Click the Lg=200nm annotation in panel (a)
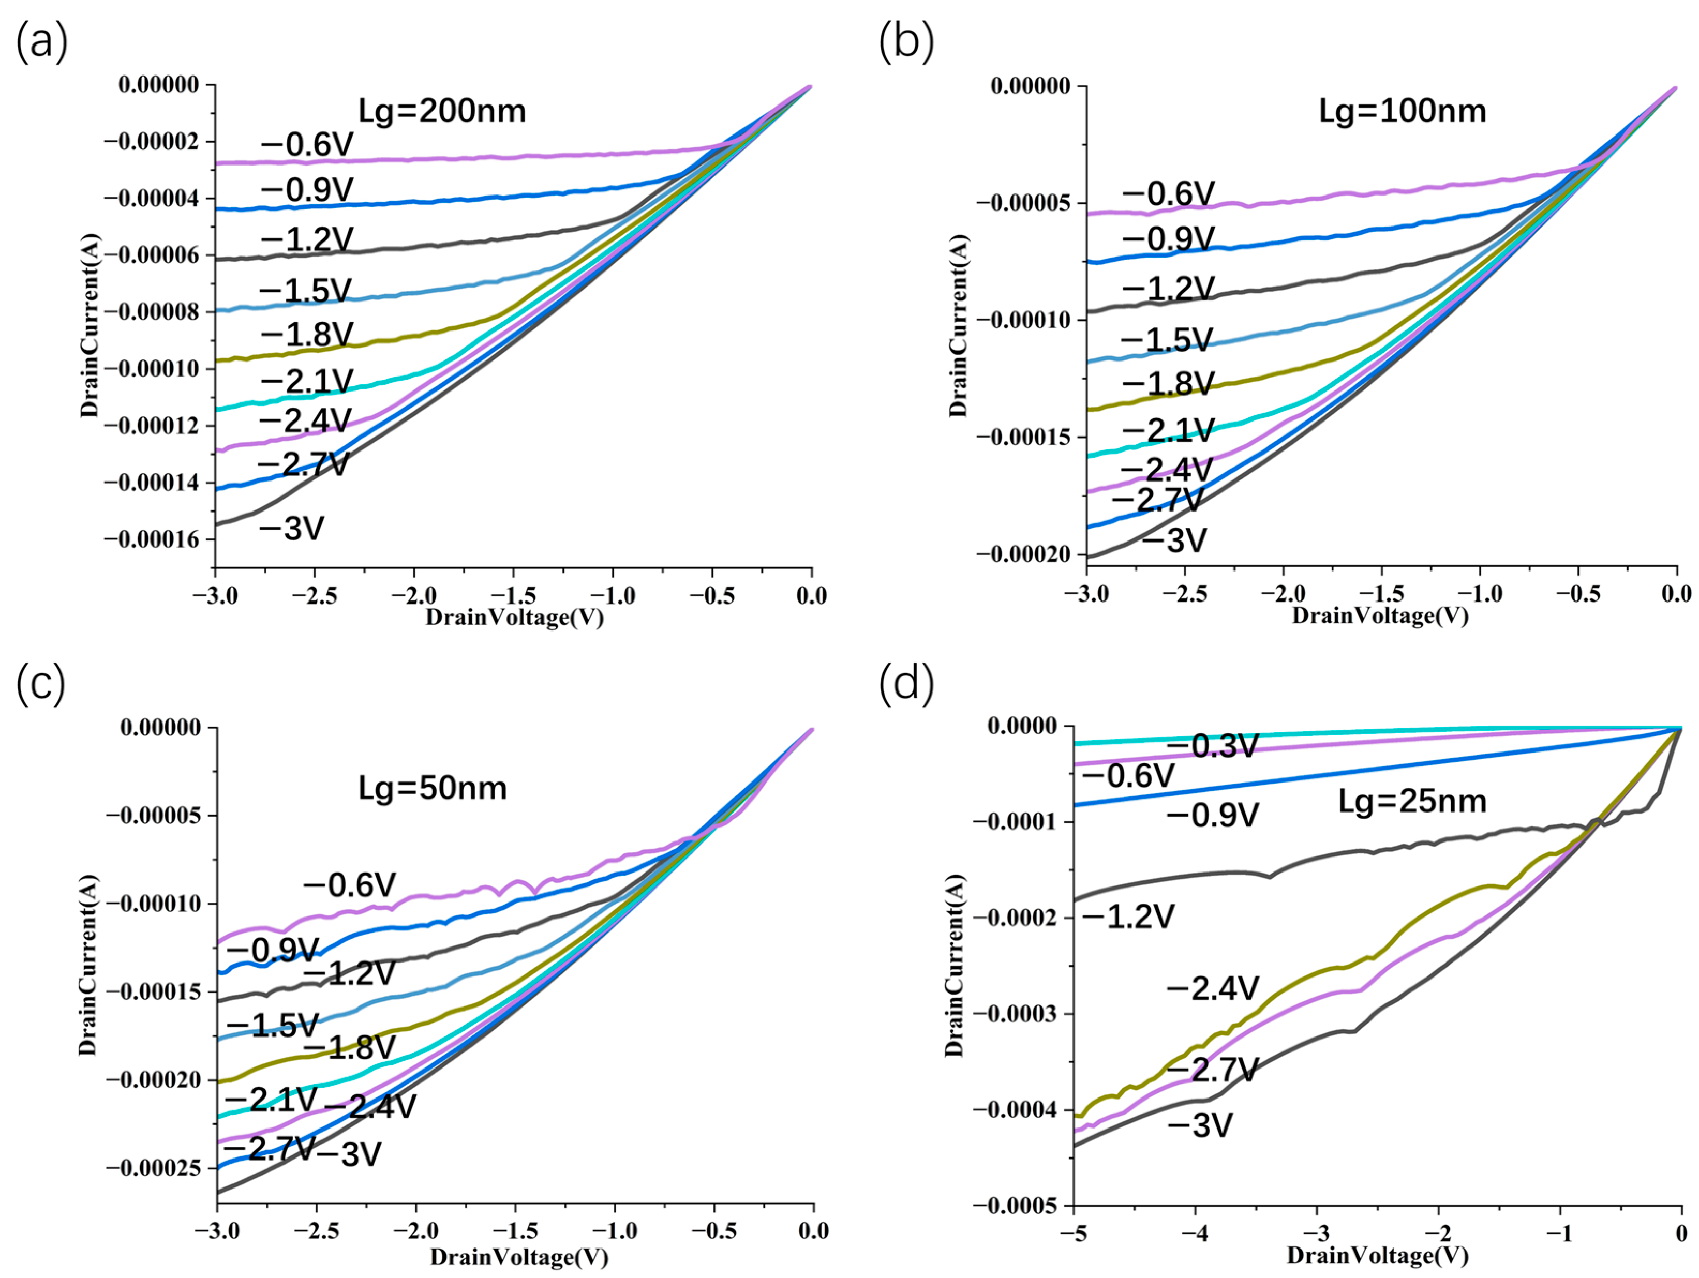tap(442, 111)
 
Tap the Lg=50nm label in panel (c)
tap(433, 789)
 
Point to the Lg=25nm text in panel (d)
tap(1412, 802)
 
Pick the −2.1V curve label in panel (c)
tap(271, 1100)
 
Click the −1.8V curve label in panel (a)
tap(306, 335)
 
